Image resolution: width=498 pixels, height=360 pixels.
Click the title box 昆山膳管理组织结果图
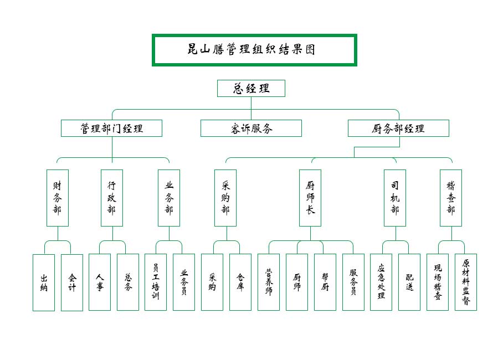click(x=254, y=50)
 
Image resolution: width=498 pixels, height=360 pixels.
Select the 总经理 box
click(x=251, y=88)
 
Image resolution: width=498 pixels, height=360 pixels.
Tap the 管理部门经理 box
click(x=111, y=128)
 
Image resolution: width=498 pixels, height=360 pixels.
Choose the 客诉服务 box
click(x=251, y=128)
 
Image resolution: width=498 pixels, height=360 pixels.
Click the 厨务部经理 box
click(x=398, y=128)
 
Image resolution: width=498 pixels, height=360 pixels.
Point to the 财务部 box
click(x=58, y=198)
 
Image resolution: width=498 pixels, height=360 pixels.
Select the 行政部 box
click(x=112, y=198)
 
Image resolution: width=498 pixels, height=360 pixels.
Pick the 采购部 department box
click(x=225, y=198)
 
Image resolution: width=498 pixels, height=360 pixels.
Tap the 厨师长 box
click(x=310, y=198)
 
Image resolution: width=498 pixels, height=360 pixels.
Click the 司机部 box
click(x=395, y=198)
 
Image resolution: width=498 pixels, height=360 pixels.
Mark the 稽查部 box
click(x=451, y=198)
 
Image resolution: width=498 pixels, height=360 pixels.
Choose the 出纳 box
click(x=44, y=282)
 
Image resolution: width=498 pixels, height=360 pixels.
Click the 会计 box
click(x=72, y=282)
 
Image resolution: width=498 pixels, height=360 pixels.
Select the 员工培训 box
click(x=156, y=282)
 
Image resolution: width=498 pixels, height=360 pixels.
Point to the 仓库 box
click(x=240, y=282)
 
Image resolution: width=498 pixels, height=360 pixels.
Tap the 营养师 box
click(x=269, y=282)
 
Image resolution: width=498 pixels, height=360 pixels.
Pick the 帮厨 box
click(x=325, y=282)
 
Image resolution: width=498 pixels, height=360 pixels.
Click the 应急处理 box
click(x=381, y=282)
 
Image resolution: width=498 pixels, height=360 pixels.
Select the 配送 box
click(x=409, y=282)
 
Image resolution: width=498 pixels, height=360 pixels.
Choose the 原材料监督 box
click(x=466, y=282)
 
